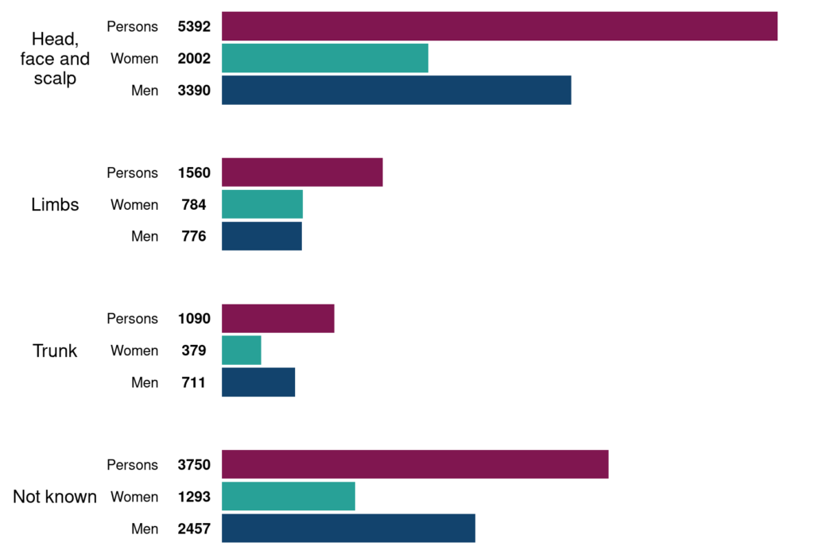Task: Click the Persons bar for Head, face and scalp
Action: coord(499,26)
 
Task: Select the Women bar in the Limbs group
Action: coord(262,204)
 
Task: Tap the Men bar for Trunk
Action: coord(258,382)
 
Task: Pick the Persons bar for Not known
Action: coord(415,464)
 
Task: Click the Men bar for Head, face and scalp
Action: coord(396,90)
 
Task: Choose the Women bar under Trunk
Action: coord(242,351)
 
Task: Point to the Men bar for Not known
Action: coord(348,528)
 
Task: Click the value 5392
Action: coord(194,26)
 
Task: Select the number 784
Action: coord(194,204)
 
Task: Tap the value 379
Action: coord(194,351)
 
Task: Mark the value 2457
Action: coord(194,529)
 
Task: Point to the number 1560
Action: coord(194,172)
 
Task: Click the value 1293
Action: coord(194,497)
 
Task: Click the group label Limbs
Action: coord(55,204)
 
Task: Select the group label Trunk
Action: coord(55,351)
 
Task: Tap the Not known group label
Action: coord(55,497)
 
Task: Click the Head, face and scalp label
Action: coord(55,58)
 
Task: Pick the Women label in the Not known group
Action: coord(134,497)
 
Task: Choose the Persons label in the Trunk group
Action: coord(133,319)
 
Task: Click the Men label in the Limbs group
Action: coord(145,236)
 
